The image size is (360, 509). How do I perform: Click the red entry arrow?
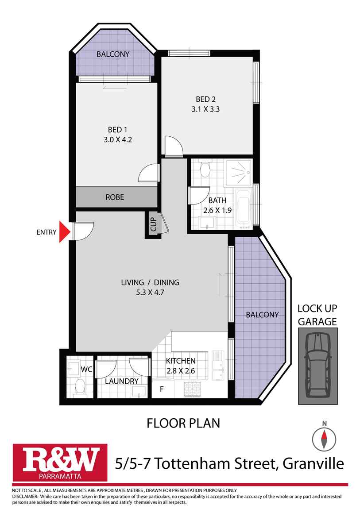[65, 232]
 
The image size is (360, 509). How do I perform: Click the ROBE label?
[114, 197]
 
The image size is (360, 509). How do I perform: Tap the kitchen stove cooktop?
[193, 389]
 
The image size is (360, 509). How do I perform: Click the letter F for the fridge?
[162, 389]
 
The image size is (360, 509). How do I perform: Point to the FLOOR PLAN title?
[183, 424]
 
